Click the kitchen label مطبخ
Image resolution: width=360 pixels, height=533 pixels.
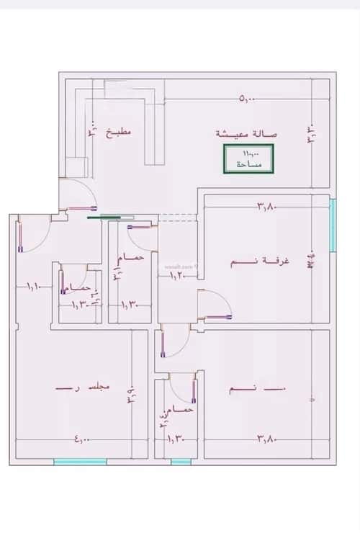[120, 133]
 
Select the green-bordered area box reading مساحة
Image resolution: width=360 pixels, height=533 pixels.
[247, 158]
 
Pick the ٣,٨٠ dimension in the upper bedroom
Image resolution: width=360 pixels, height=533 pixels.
[267, 207]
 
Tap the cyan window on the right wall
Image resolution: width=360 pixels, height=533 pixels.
[333, 225]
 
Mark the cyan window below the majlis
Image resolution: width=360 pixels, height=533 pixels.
[80, 462]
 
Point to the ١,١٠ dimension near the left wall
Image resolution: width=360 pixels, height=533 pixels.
[34, 287]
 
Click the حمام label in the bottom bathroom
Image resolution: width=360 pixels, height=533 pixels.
[184, 409]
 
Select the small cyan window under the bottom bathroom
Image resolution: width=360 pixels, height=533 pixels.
[181, 462]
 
